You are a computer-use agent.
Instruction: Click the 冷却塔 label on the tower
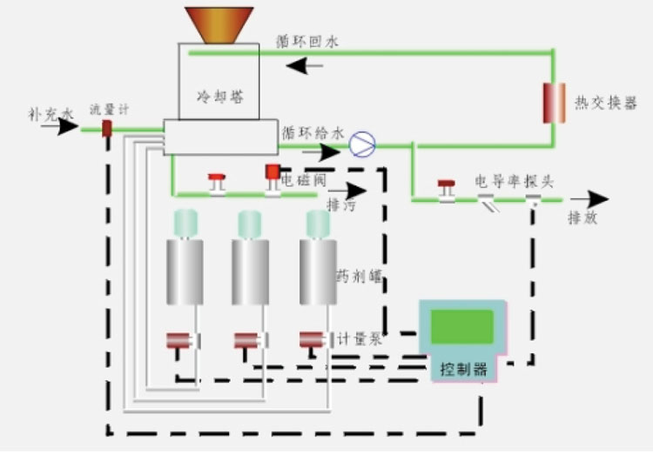coord(219,96)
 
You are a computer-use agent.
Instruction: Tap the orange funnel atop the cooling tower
coord(219,24)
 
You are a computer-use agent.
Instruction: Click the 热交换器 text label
coord(605,103)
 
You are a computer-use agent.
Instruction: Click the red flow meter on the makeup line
coord(107,129)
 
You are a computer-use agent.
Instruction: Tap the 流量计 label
coord(108,110)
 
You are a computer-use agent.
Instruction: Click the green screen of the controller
coord(461,327)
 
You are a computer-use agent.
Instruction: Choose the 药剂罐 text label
coord(360,277)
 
